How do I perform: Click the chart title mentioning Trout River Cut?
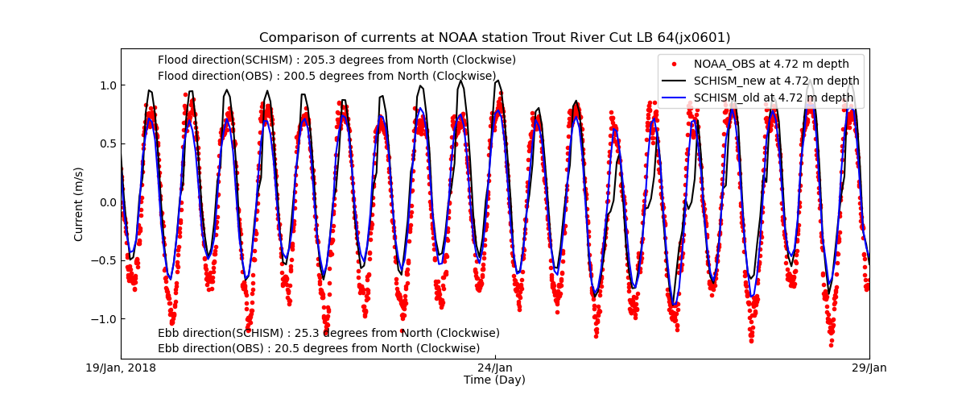point(494,38)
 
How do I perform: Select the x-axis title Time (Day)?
point(494,380)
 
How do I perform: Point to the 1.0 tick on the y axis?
point(108,85)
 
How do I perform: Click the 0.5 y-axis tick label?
point(108,143)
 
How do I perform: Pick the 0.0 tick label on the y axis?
point(108,202)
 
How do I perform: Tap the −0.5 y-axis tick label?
point(105,260)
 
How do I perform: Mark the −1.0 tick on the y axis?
point(105,319)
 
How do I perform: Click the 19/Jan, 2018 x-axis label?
point(122,368)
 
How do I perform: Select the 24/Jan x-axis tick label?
point(495,368)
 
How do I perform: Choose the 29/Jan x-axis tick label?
point(869,368)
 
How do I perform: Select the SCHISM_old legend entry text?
point(774,98)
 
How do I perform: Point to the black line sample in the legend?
point(674,81)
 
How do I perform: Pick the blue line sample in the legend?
point(674,98)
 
